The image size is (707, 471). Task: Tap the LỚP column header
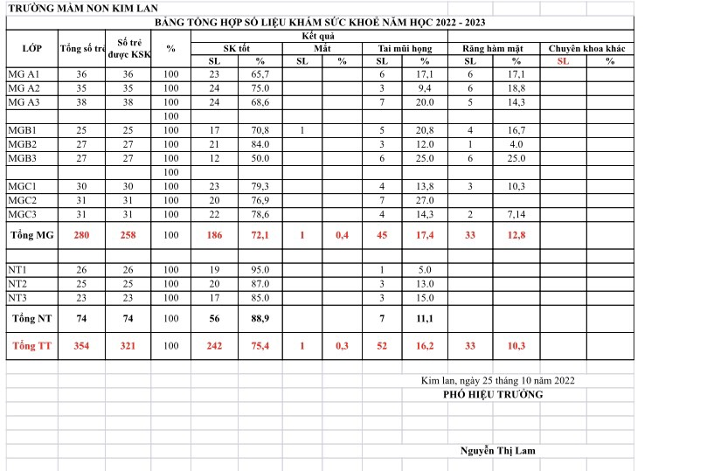click(31, 48)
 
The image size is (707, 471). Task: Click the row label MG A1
click(24, 75)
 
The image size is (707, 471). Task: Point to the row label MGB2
click(23, 144)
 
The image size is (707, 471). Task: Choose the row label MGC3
click(23, 214)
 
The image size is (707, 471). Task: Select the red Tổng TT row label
click(31, 347)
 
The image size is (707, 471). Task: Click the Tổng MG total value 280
click(81, 235)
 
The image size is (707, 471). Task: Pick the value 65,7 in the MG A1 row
click(260, 75)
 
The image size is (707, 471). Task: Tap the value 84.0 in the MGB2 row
click(260, 144)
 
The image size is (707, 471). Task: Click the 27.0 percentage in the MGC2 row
click(425, 200)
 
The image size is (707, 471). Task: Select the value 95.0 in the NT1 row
click(260, 270)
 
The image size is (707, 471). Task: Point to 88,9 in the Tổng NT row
click(260, 318)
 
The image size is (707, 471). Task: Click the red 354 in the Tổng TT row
click(81, 347)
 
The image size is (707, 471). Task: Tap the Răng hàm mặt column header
click(493, 49)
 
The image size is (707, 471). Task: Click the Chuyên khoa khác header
click(586, 49)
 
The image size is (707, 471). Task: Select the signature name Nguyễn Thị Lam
click(498, 451)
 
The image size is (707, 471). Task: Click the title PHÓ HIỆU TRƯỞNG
click(493, 395)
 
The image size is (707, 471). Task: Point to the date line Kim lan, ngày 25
click(497, 381)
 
